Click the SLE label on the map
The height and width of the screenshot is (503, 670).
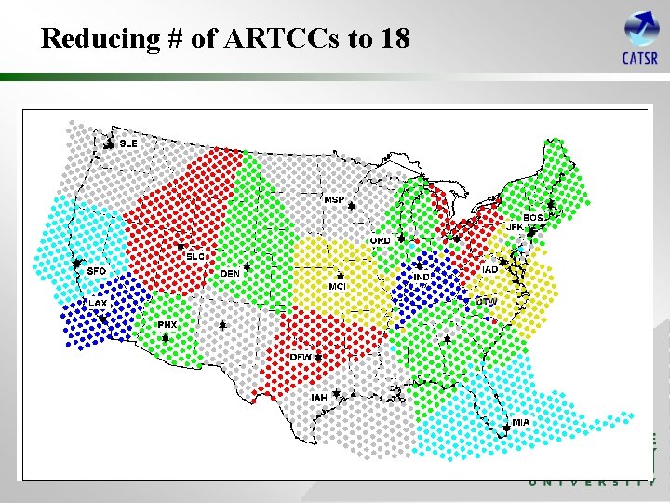128,143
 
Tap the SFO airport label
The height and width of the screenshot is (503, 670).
97,271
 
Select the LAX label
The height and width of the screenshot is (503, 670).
98,304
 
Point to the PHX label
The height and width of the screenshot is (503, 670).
167,324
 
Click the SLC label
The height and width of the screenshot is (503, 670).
195,256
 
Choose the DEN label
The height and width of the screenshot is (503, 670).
230,274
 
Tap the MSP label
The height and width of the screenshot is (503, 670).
334,200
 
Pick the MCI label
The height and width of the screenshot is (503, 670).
338,286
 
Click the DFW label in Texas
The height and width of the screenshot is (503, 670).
301,357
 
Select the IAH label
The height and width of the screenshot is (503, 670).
319,398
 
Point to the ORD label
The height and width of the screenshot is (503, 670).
381,241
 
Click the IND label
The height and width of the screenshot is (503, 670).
422,277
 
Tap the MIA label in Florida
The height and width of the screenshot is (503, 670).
520,422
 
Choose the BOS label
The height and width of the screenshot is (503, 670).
533,218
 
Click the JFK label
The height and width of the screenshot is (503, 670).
515,227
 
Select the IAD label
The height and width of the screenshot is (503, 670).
489,270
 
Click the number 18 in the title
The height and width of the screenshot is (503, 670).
395,38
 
